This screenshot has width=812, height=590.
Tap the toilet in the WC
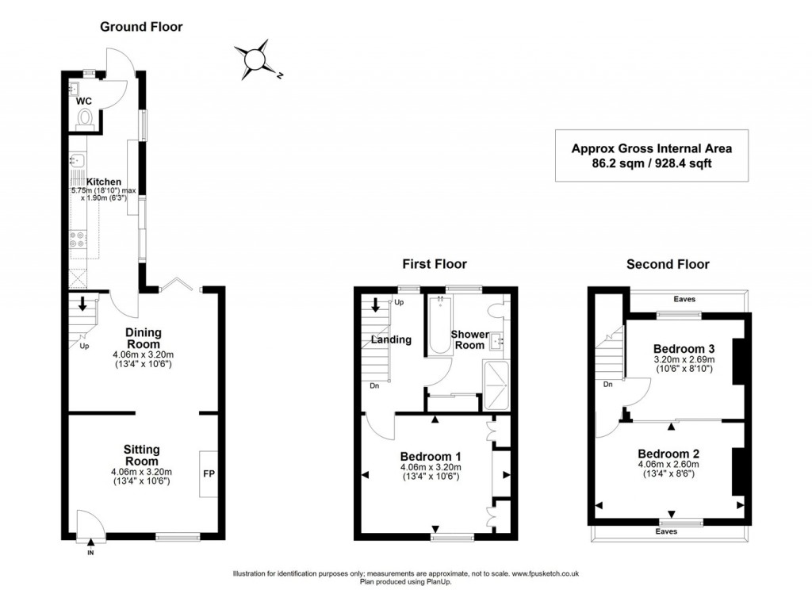pos(86,118)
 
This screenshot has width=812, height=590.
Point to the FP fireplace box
pos(209,473)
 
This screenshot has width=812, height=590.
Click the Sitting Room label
pos(142,455)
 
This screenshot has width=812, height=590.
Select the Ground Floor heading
pos(141,27)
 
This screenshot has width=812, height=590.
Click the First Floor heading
pos(434,264)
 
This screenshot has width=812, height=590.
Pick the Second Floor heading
pos(668,264)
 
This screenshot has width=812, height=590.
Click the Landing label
pos(392,339)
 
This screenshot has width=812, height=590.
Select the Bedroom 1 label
pos(431,456)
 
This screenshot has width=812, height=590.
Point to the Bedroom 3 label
pos(684,348)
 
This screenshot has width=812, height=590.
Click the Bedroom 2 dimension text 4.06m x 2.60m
pos(668,464)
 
